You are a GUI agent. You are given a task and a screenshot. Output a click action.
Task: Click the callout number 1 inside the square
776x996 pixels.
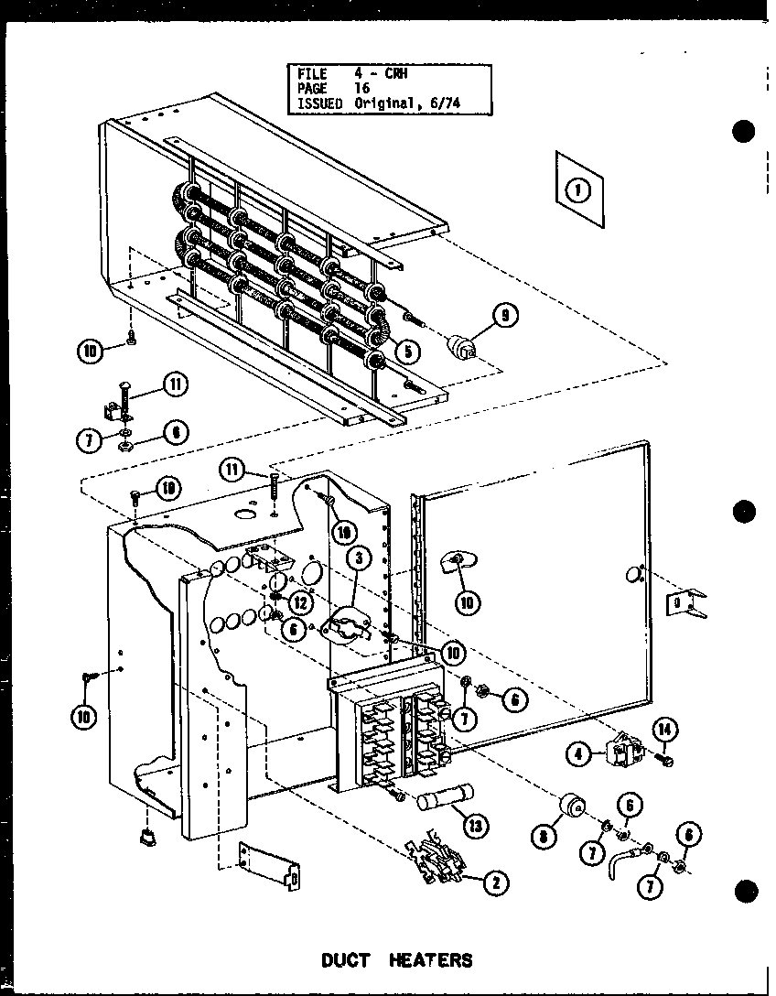578,190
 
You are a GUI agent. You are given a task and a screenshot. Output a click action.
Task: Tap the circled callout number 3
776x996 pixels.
361,558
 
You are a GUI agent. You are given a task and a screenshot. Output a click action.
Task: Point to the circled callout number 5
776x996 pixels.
408,348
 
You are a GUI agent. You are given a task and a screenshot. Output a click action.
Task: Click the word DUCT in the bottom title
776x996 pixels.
346,959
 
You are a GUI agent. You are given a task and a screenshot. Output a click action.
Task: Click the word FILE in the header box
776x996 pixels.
311,73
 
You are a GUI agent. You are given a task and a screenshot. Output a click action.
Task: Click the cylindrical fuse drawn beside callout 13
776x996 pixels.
443,799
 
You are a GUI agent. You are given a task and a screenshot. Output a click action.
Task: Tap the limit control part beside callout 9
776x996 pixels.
466,349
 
